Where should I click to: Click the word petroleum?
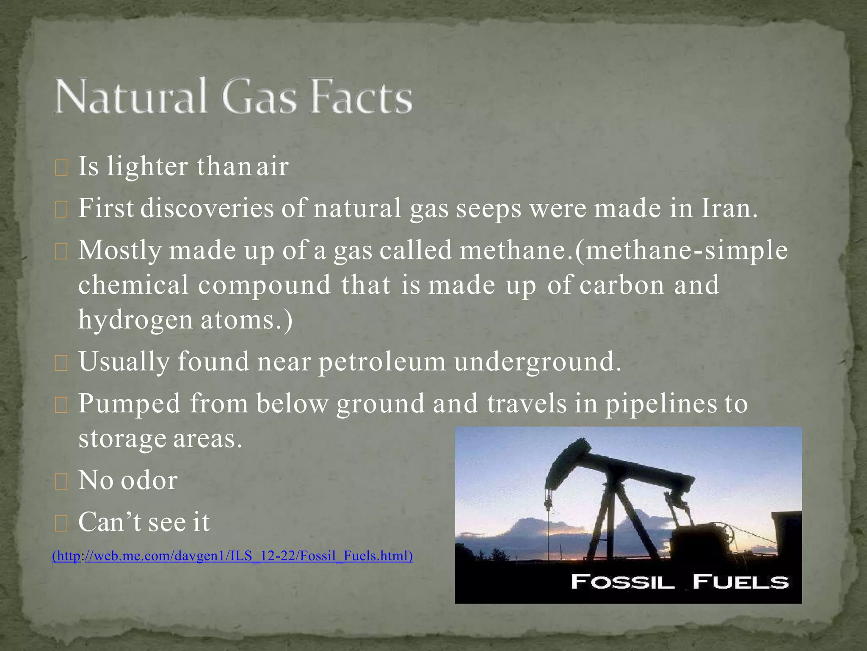tap(382, 362)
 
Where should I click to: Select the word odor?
tap(149, 480)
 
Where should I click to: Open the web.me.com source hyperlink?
tap(232, 556)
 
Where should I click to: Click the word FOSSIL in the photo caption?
tap(622, 581)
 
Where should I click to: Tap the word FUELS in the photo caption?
tap(741, 581)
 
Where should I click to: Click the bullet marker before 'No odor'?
tap(61, 482)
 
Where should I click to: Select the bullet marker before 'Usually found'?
tap(61, 363)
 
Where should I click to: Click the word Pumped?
tap(130, 403)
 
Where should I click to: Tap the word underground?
tap(538, 362)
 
